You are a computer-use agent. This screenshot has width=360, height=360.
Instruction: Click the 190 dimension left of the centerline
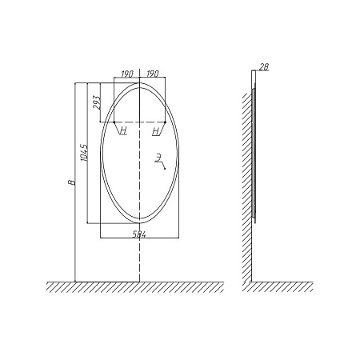[x=127, y=74]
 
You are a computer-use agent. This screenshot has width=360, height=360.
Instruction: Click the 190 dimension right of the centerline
[x=153, y=74]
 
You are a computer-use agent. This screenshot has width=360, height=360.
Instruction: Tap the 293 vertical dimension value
[x=97, y=102]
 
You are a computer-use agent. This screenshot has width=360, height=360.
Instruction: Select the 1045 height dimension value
[x=84, y=153]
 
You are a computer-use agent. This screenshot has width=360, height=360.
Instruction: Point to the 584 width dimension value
[x=139, y=234]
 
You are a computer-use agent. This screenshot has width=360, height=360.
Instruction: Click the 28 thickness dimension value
[x=264, y=67]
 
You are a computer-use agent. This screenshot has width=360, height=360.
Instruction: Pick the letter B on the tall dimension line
[x=72, y=182]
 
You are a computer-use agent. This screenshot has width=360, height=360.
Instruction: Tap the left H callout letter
[x=123, y=130]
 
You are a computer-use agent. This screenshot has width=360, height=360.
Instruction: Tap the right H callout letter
[x=156, y=131]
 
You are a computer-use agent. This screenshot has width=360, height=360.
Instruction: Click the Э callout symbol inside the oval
[x=158, y=158]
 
